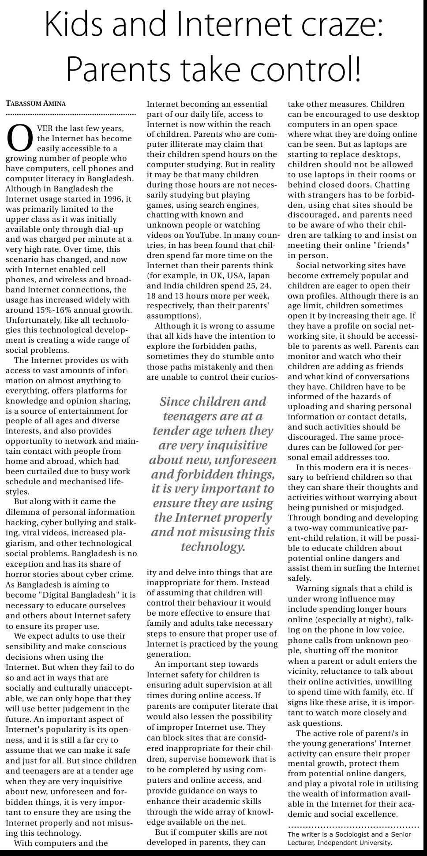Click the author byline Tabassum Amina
36,104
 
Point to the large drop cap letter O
20,138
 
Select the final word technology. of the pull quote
213,547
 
